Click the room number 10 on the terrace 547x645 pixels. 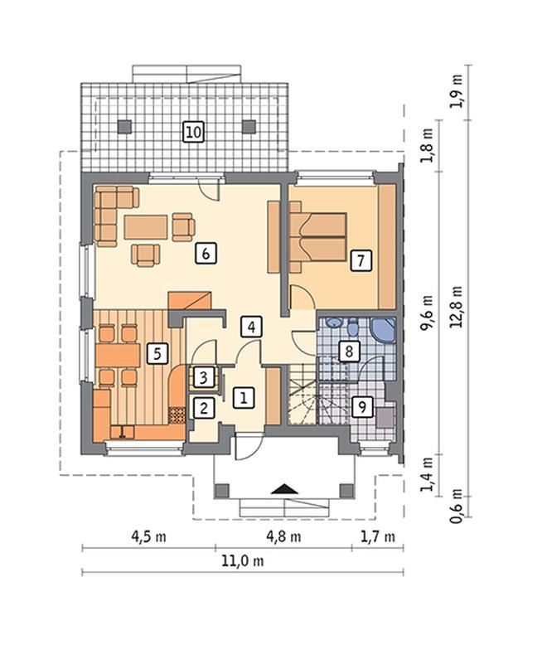click(193, 132)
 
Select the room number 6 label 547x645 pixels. click(206, 254)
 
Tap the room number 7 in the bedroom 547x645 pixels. click(361, 260)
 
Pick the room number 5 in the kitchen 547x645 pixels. click(157, 353)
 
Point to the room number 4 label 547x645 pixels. click(251, 327)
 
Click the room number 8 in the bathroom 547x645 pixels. click(349, 352)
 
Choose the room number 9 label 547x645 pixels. click(362, 407)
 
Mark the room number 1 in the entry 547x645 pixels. click(244, 398)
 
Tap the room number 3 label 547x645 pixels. click(204, 377)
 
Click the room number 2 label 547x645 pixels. click(204, 408)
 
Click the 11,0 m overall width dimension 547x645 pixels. click(243, 560)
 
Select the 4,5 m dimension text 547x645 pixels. click(148, 536)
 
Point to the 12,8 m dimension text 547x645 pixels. click(457, 307)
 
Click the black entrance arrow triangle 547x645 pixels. click(284, 488)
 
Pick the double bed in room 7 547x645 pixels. click(317, 237)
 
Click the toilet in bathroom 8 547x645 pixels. click(352, 327)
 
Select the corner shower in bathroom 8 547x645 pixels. click(383, 330)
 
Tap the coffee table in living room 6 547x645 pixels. click(146, 227)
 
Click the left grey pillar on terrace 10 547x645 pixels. click(124, 126)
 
